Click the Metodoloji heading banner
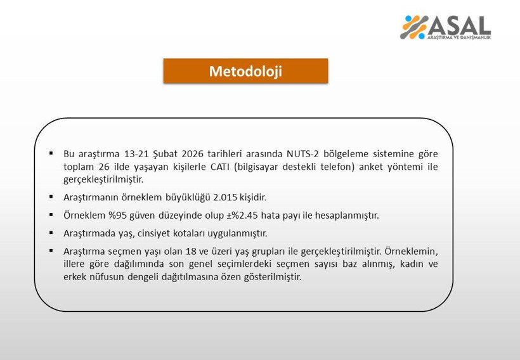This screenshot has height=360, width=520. (x=245, y=71)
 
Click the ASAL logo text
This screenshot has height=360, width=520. (x=461, y=25)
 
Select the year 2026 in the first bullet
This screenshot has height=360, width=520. (x=194, y=153)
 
